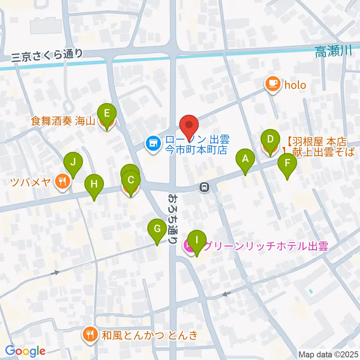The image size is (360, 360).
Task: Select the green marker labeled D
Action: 270,139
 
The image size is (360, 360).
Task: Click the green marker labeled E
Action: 107,114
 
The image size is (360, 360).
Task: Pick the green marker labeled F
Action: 287,163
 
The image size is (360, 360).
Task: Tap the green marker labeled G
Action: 157,229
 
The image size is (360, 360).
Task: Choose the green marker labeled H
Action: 94,184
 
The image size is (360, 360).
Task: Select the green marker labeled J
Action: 73,163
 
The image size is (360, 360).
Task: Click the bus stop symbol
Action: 204,187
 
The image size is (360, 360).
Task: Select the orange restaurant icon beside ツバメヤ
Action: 62,182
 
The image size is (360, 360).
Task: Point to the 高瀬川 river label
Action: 333,52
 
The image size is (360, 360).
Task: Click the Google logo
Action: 25,351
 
